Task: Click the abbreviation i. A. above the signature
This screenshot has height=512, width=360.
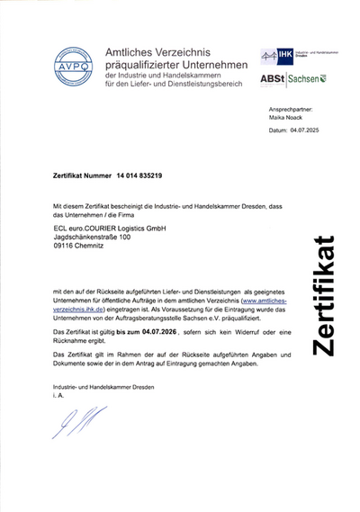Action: coord(59,394)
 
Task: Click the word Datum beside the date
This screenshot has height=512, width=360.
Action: coord(279,130)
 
